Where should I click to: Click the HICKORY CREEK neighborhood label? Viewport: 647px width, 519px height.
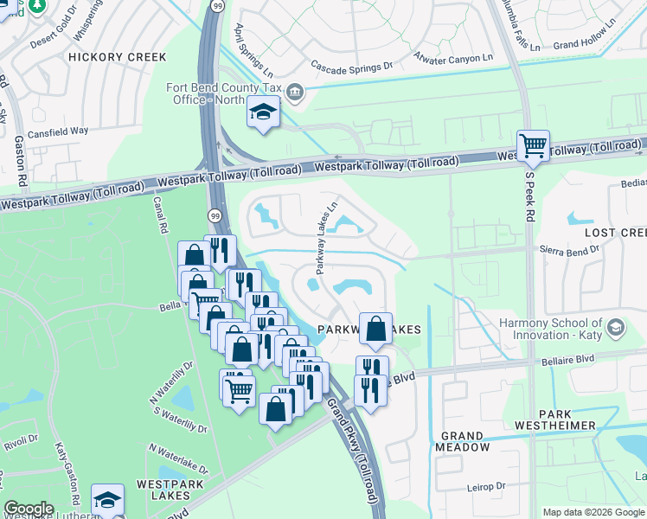coord(118,57)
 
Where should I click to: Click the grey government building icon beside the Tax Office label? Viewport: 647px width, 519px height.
coord(294,93)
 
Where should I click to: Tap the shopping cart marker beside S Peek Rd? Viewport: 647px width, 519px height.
coord(533,144)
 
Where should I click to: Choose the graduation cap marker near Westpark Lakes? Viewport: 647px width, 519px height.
coord(107,499)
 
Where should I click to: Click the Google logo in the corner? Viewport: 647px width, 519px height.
coord(29,509)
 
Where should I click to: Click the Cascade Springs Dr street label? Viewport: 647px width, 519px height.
coord(352,65)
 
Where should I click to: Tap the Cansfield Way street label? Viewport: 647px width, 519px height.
coord(58,131)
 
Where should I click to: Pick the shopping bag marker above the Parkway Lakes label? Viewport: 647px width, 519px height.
coord(375,329)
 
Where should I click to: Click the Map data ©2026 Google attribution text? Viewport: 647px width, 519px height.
coord(592,512)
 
